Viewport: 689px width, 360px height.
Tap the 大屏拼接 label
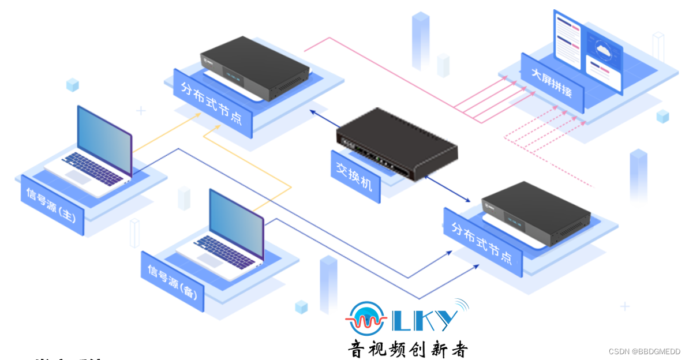click(x=552, y=84)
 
